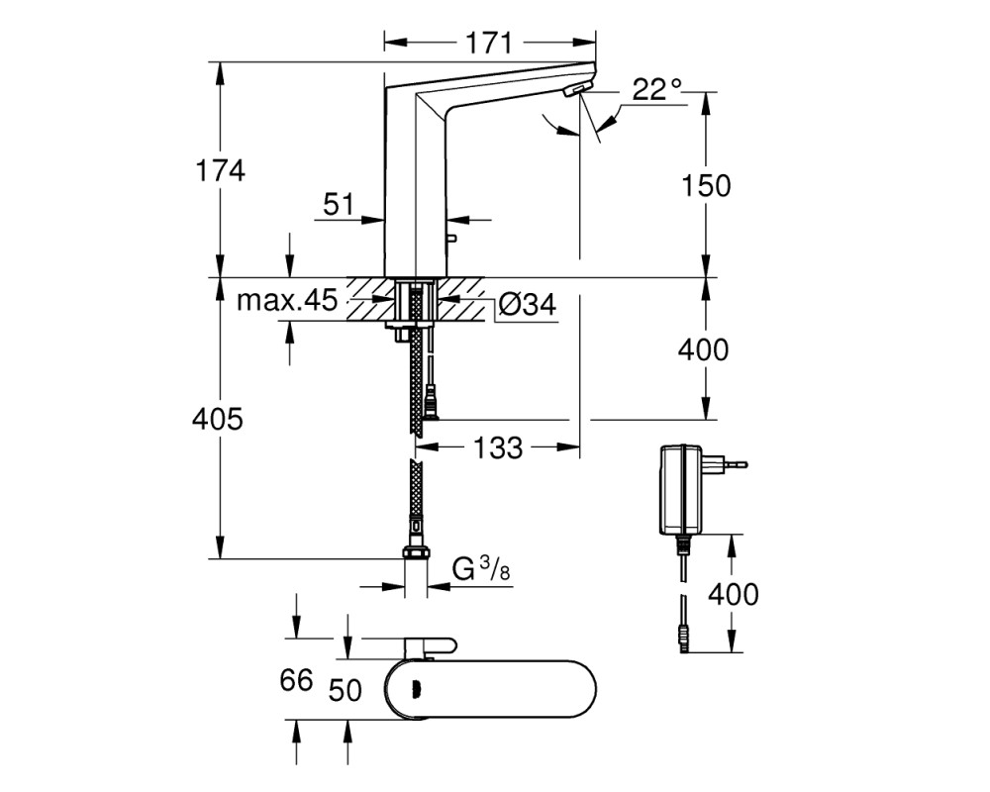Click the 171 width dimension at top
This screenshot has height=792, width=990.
click(x=489, y=43)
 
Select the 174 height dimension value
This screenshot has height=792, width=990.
click(x=220, y=170)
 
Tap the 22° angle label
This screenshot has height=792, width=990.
click(x=657, y=90)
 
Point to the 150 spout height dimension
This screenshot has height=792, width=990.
click(x=706, y=185)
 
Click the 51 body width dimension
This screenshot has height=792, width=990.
click(x=339, y=204)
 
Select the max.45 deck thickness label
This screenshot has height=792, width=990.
click(x=287, y=300)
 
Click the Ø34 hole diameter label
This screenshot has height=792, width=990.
click(x=528, y=304)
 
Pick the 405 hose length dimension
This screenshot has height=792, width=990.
click(x=217, y=419)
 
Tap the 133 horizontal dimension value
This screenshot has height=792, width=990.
click(x=498, y=447)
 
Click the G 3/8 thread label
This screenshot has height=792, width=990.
click(x=481, y=569)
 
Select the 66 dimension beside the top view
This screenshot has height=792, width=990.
click(x=296, y=680)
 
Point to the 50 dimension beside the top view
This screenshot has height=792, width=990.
click(x=345, y=690)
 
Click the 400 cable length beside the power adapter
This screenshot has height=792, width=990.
click(x=733, y=594)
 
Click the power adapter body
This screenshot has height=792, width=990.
click(x=680, y=489)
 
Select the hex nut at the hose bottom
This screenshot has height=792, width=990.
click(x=416, y=552)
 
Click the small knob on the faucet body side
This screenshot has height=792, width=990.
click(x=450, y=239)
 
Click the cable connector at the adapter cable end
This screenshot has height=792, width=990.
click(x=682, y=639)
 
